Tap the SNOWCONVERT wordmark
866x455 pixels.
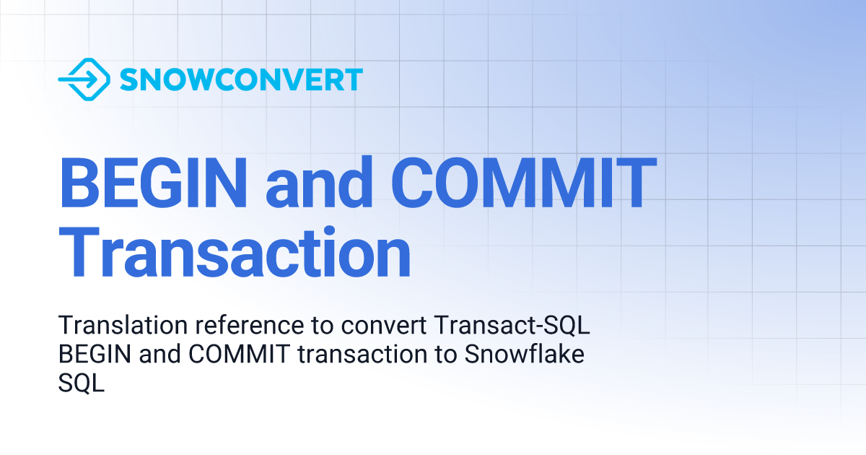(241, 79)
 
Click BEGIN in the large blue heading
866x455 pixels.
(153, 184)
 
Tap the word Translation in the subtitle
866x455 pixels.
(110, 326)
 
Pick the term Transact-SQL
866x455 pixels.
(513, 326)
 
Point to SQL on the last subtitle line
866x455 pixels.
(81, 383)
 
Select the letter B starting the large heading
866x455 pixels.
(77, 184)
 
